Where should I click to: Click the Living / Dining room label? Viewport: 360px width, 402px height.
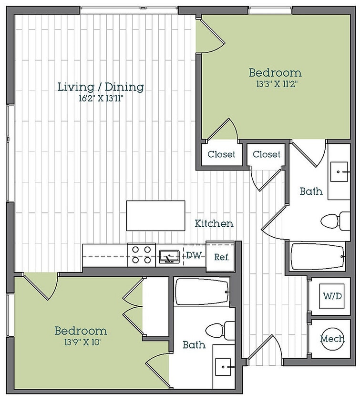click(x=101, y=87)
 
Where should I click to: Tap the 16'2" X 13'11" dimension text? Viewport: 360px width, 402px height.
click(x=101, y=99)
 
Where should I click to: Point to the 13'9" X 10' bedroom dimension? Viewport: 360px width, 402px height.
click(x=82, y=342)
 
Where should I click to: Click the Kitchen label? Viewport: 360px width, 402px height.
click(x=214, y=223)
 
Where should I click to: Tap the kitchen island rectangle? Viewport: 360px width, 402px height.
click(x=156, y=216)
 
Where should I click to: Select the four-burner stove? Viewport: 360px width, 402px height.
click(x=142, y=255)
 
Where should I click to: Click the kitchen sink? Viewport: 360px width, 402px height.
click(x=169, y=257)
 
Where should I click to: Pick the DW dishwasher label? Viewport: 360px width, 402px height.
click(x=194, y=255)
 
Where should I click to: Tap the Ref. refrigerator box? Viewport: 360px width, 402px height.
click(x=221, y=256)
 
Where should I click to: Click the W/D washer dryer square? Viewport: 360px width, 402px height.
click(x=332, y=296)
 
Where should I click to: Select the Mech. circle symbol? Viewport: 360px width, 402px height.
click(x=332, y=339)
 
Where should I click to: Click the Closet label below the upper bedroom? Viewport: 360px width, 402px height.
click(x=221, y=154)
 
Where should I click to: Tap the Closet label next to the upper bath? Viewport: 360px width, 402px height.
click(x=267, y=154)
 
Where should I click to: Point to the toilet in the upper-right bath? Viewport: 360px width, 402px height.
click(x=335, y=221)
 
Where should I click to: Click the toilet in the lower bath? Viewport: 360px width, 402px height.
click(x=220, y=331)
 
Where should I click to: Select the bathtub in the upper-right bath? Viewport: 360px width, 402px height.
click(x=318, y=256)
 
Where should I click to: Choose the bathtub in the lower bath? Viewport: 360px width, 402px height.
click(x=203, y=292)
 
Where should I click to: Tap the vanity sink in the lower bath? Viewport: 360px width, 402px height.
click(x=223, y=367)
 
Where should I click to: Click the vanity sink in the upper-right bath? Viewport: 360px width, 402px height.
click(x=339, y=172)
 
